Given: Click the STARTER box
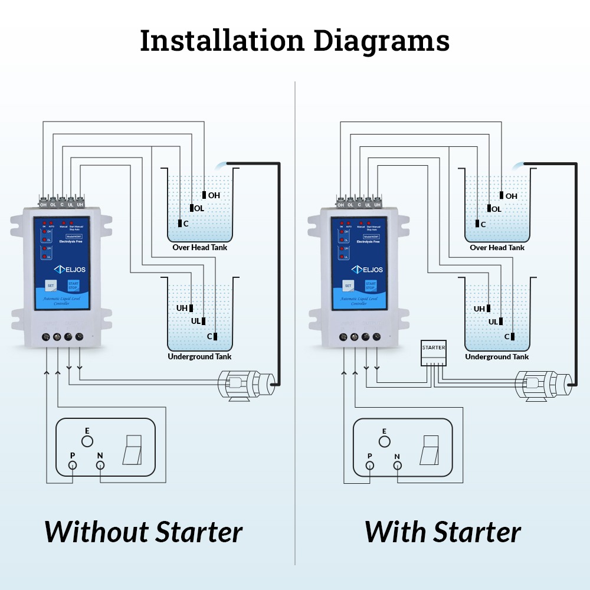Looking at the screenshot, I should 434,353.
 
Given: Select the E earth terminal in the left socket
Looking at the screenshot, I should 87,441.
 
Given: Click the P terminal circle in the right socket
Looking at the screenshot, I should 369,466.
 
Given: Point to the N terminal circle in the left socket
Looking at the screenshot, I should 100,466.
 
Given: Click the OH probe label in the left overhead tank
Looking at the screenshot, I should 214,195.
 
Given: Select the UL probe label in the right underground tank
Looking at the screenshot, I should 493,322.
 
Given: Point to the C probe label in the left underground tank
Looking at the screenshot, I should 209,336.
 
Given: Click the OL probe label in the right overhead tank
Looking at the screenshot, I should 496,209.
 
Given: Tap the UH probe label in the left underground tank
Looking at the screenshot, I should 182,309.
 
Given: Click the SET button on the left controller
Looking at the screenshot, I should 50,285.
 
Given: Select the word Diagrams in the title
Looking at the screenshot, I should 381,41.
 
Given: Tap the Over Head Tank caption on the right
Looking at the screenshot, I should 497,248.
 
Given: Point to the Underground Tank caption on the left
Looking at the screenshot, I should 199,356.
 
